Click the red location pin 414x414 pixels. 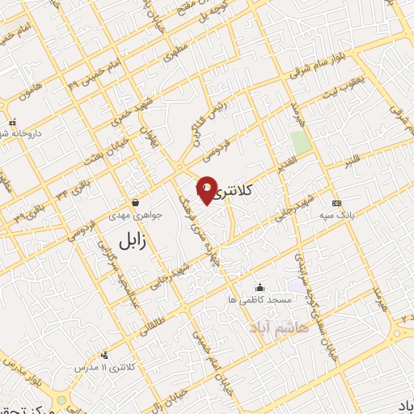206,191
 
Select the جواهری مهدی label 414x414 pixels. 135,216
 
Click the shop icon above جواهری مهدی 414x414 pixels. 135,202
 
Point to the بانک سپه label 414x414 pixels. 337,216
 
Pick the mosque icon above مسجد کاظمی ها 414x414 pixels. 260,287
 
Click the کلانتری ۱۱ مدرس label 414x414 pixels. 107,368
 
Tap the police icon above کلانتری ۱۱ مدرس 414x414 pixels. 104,354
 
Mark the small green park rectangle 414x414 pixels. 301,143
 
